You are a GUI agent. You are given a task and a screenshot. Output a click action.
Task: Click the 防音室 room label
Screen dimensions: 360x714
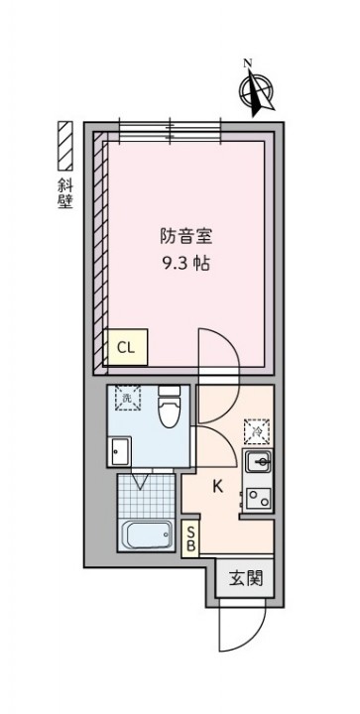186,237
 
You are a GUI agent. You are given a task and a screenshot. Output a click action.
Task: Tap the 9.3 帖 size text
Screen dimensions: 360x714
186,263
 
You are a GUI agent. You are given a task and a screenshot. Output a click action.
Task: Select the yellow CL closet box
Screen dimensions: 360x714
126,347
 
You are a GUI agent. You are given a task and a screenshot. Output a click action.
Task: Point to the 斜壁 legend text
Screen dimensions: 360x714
65,193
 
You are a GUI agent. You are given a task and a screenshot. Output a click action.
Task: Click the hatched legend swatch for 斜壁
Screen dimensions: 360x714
65,146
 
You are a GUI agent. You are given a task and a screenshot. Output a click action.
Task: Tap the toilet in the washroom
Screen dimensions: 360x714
170,407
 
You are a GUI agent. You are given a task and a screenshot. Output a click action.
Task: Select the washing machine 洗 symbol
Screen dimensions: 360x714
127,398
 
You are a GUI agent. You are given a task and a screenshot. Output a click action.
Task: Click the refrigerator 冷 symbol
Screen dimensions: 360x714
257,430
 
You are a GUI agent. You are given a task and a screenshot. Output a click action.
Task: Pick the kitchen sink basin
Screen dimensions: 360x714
257,463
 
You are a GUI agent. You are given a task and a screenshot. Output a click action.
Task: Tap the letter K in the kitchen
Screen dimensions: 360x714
218,487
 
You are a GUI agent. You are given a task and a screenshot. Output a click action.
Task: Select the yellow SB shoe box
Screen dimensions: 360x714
190,538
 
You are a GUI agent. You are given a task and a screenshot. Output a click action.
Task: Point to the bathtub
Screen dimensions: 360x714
147,535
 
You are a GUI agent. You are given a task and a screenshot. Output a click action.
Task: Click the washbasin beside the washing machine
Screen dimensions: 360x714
119,451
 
